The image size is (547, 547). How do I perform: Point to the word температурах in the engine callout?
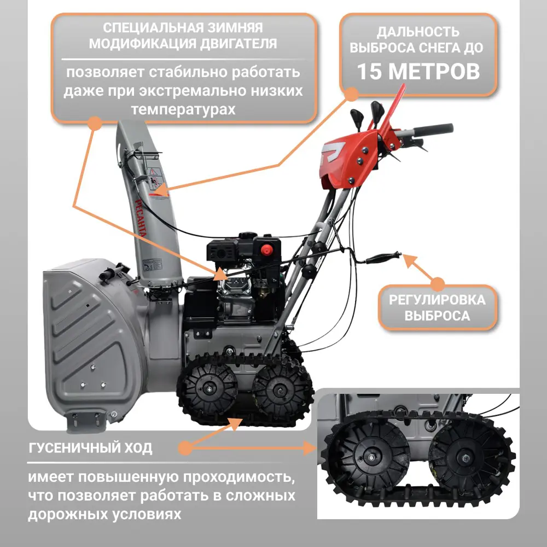183,109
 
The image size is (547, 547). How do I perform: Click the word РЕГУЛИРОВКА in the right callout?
437,300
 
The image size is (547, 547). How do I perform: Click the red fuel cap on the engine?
266,250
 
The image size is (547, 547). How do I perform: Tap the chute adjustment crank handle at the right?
383,258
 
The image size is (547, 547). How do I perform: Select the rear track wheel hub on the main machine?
280,389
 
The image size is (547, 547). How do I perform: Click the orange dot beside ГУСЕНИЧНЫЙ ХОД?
185,448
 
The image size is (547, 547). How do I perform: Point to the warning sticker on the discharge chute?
154,178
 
